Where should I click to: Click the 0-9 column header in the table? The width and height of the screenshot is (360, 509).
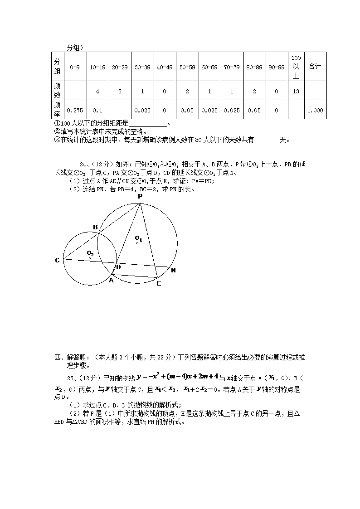(75, 67)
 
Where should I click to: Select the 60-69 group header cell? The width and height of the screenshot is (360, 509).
(209, 67)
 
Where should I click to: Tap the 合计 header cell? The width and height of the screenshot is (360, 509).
(315, 67)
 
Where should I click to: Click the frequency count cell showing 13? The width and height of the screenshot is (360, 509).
(296, 91)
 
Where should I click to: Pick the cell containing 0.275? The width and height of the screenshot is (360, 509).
(75, 110)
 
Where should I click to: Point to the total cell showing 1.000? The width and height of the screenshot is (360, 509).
(315, 110)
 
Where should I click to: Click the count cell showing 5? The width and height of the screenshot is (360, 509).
(120, 91)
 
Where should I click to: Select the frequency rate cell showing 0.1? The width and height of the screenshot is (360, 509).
(97, 110)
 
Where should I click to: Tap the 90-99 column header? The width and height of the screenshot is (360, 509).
(277, 67)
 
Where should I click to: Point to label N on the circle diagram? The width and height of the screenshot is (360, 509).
(173, 271)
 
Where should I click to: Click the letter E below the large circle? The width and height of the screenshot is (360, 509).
(158, 284)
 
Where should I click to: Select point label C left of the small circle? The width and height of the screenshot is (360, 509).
(57, 260)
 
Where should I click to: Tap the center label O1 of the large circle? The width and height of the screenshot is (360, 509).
(138, 238)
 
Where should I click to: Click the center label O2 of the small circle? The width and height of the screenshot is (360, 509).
(90, 253)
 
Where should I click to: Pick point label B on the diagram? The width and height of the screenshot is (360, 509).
(95, 227)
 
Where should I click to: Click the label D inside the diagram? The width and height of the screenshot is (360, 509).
(118, 267)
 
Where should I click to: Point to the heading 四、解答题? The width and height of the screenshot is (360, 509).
(73, 358)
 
